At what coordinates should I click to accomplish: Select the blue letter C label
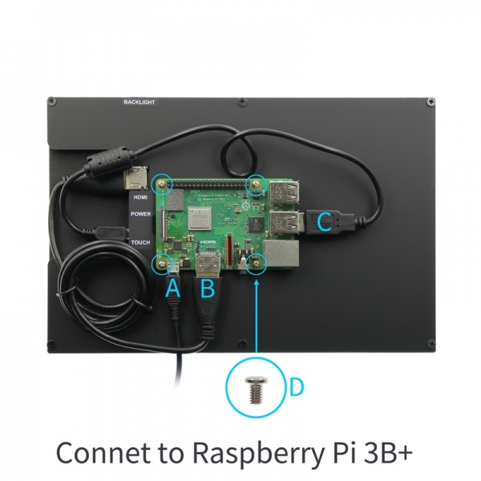click(325, 222)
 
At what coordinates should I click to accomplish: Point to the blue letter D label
click(296, 387)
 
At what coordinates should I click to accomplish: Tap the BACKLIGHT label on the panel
click(139, 103)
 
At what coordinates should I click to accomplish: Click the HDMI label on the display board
click(140, 196)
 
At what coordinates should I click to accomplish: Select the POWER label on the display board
click(140, 215)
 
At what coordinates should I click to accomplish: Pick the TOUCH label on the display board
click(140, 241)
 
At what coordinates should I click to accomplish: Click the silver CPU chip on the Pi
click(198, 216)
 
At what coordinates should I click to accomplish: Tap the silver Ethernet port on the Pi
click(285, 254)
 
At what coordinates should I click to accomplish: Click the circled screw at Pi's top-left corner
click(164, 184)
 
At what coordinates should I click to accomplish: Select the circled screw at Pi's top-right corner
click(257, 184)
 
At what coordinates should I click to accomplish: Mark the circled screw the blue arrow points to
click(257, 262)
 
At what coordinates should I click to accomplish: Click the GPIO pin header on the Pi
click(210, 185)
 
